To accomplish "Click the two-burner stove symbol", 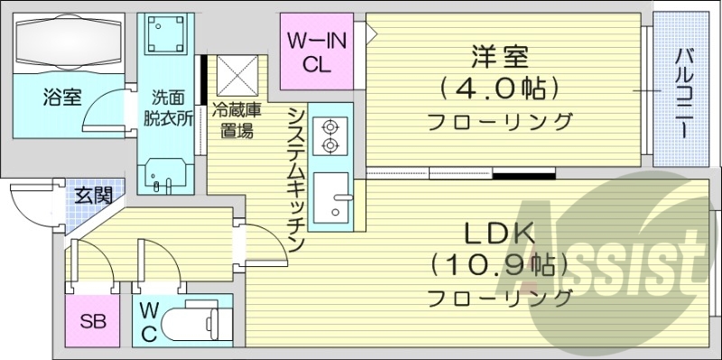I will click(329, 135).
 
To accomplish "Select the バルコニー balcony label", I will click(682, 90).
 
